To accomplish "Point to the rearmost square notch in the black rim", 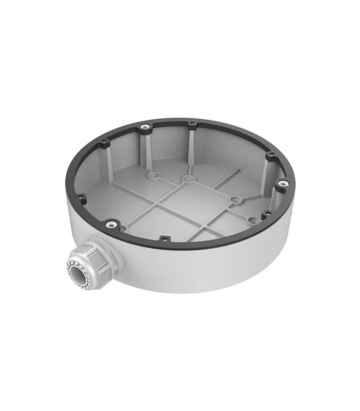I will pos(191,123).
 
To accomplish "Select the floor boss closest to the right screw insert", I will pos(251,219).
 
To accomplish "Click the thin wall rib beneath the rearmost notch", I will pos(191,146).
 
